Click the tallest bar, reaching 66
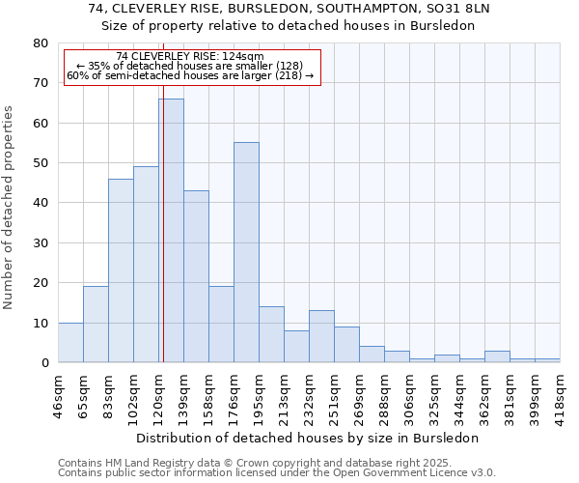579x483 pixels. [x=171, y=231]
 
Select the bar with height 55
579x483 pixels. [x=246, y=252]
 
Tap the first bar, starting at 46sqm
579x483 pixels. [x=70, y=343]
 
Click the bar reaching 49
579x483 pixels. [x=146, y=265]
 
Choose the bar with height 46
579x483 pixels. [x=121, y=270]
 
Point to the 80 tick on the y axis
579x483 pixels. [x=40, y=43]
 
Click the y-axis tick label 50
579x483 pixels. [x=40, y=163]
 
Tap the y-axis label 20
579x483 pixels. [x=40, y=283]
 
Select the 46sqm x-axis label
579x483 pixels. [x=59, y=394]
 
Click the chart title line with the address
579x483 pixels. [x=289, y=8]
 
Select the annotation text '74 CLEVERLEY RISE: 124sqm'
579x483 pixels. [x=189, y=57]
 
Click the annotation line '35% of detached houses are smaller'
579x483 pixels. [x=189, y=66]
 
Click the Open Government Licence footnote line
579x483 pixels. [x=277, y=473]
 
